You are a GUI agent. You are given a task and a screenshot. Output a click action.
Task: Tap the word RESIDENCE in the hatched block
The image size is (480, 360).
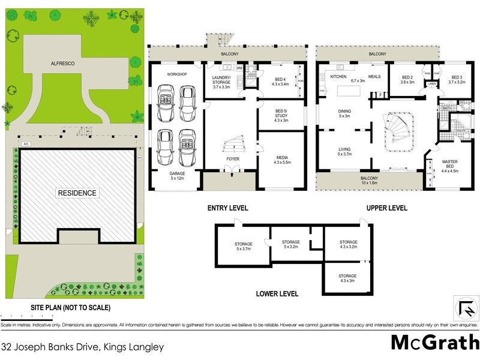[76, 193]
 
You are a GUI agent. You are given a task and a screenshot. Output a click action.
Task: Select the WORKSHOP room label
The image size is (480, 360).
[177, 74]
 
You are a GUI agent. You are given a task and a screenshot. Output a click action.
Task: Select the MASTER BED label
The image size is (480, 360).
[450, 165]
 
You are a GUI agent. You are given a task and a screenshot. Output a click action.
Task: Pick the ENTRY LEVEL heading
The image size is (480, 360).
[227, 208]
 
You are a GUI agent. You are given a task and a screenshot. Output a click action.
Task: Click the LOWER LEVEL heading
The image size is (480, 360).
[277, 294]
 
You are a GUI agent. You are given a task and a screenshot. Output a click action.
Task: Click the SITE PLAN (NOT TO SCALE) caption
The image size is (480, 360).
[71, 308]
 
